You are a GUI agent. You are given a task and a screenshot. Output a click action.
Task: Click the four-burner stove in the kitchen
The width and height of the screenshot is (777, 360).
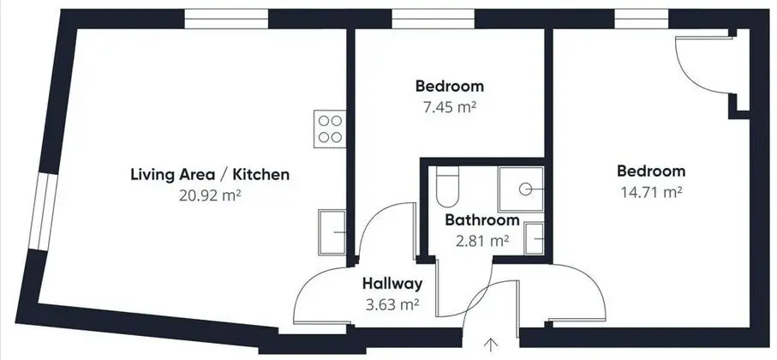pos(330,129)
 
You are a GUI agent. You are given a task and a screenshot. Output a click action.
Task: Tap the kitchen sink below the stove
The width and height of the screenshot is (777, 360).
pos(332,232)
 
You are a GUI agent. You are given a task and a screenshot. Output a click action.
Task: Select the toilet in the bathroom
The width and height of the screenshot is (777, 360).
pos(447,186)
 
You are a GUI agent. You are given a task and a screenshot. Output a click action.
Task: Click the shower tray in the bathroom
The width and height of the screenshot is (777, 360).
pos(521,189)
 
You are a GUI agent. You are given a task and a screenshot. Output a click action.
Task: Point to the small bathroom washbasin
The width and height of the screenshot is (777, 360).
pos(535,238)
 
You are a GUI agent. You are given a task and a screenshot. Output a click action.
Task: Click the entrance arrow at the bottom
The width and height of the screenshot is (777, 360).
pos(491,344)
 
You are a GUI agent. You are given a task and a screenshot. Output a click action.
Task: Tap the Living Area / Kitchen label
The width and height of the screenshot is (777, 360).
pos(210,175)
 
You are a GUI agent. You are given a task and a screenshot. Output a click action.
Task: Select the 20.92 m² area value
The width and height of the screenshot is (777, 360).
pos(210,195)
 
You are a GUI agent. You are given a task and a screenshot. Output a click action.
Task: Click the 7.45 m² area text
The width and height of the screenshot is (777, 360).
pos(450,107)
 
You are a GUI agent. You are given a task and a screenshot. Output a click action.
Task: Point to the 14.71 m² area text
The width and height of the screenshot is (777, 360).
pos(651,192)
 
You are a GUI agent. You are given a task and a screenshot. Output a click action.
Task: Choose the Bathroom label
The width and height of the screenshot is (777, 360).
pos(482,219)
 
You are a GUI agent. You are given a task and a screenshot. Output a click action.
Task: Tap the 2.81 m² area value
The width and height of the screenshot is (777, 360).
pos(482,241)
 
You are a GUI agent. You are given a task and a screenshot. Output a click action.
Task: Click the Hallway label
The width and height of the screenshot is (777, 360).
pos(392,284)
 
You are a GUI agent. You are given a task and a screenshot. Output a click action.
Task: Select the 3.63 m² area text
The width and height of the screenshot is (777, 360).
pos(392,304)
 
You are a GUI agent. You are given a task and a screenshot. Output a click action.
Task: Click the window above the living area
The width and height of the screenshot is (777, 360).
pos(226,20)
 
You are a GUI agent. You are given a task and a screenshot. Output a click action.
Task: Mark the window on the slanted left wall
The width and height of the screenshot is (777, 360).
pos(44,211)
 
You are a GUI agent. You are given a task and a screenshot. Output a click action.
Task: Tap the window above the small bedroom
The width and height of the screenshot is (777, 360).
pos(433,20)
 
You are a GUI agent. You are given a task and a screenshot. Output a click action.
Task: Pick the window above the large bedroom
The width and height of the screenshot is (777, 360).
pos(642,20)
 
